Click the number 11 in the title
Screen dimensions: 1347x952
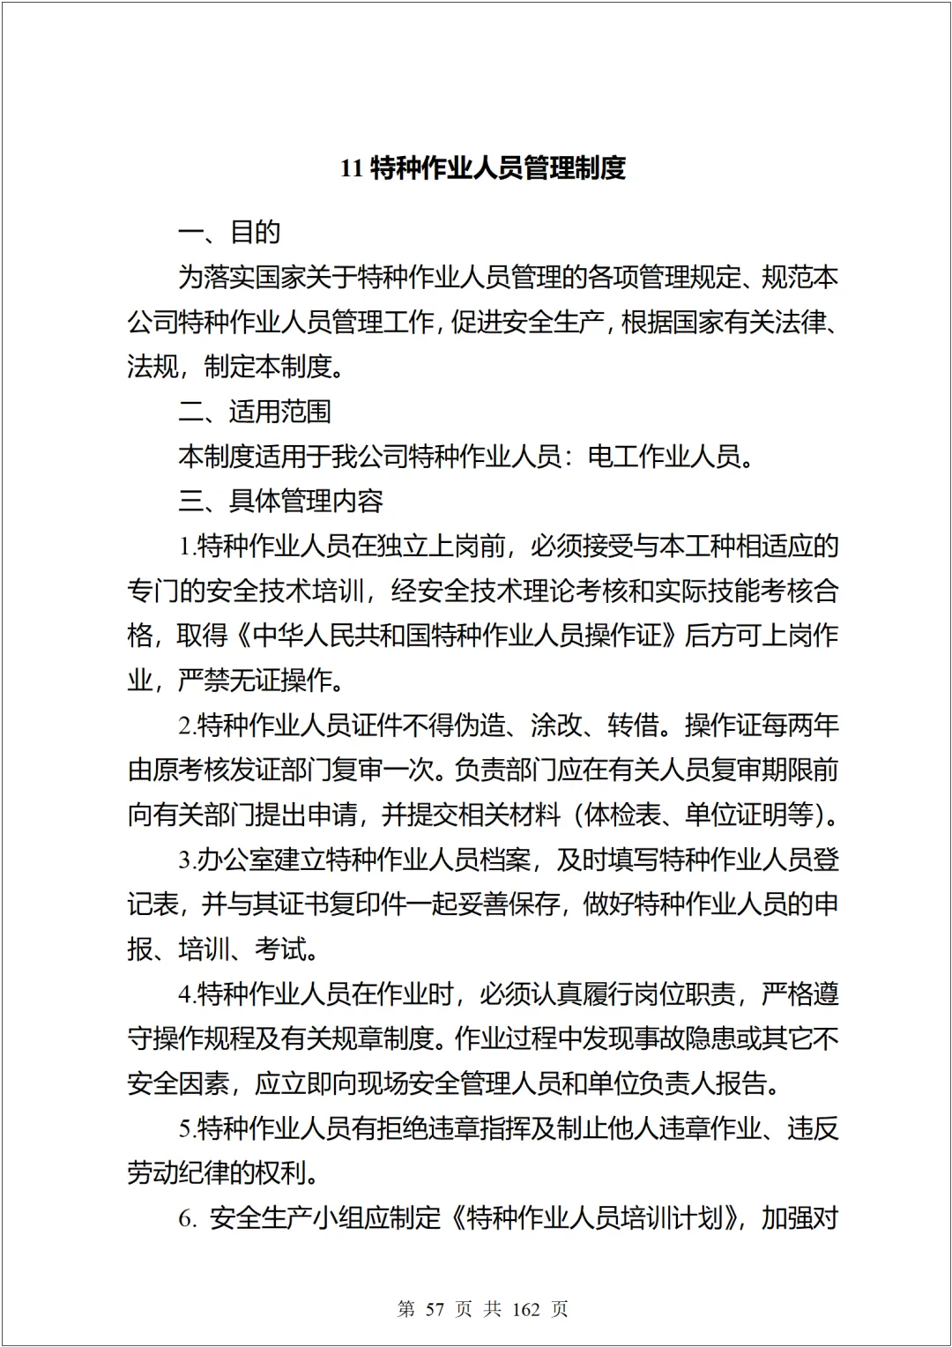coord(352,167)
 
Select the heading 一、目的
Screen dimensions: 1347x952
coord(229,233)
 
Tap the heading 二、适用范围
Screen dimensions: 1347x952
coord(255,412)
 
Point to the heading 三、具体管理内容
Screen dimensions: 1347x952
coord(280,502)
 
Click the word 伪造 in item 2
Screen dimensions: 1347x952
coord(480,726)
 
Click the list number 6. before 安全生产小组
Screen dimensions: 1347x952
coord(186,1219)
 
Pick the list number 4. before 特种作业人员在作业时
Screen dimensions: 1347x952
coord(186,995)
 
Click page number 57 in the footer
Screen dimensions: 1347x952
coord(435,1309)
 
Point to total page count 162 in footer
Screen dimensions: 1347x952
coord(525,1309)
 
